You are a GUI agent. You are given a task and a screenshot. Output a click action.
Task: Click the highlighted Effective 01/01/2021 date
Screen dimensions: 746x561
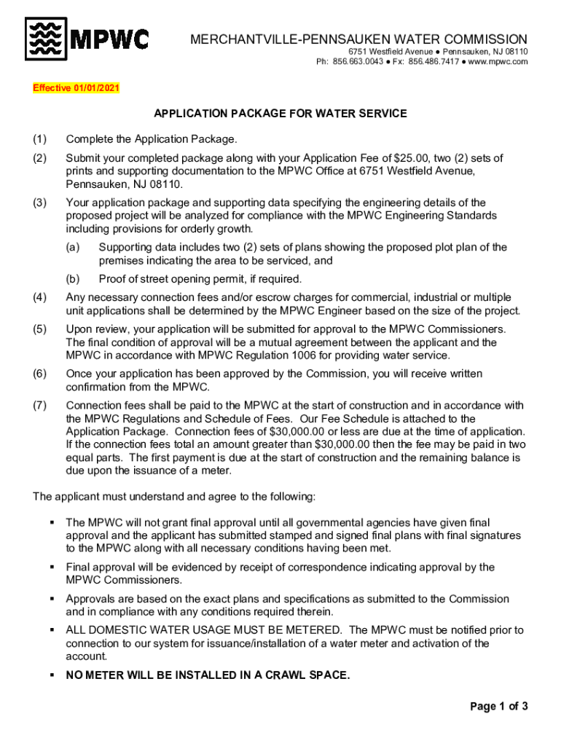(76, 88)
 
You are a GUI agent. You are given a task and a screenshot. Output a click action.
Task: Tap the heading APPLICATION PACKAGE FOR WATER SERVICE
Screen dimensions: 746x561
(280, 114)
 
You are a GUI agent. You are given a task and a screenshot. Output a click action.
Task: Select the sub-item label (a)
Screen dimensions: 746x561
(72, 247)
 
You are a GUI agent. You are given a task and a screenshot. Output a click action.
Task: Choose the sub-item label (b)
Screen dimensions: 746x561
(72, 278)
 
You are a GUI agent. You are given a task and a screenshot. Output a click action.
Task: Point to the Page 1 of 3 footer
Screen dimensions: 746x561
(498, 706)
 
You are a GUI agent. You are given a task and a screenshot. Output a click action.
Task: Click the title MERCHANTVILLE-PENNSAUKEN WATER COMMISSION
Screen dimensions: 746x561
(358, 39)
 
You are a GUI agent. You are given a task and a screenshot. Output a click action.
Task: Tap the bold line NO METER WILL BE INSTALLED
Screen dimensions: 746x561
(208, 675)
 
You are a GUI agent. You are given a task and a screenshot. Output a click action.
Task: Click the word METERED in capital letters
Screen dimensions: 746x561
(307, 630)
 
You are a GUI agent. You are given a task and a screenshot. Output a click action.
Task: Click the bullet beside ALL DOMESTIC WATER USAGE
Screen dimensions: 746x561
(52, 630)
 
